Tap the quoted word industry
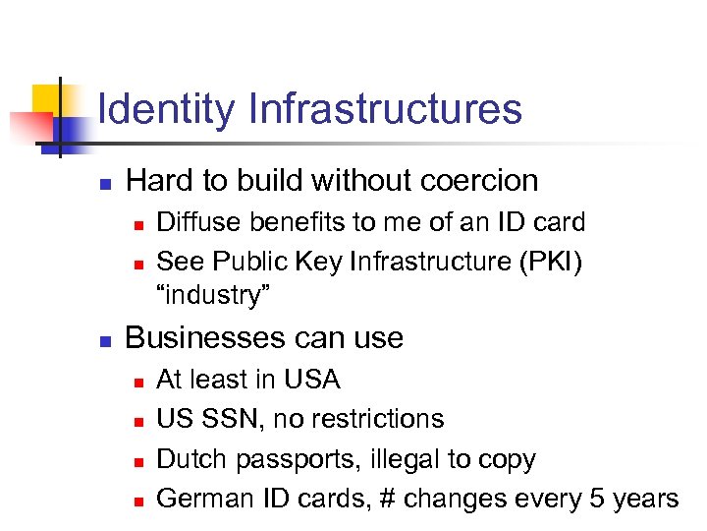coord(214,294)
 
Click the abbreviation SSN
coord(233,419)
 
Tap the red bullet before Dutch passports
coord(137,461)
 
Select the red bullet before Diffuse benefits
coord(137,224)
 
